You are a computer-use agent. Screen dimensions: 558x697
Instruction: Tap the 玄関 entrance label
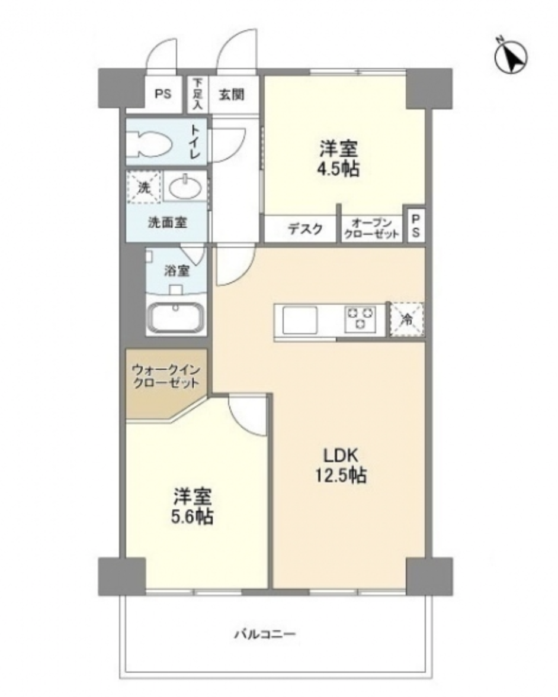(232, 94)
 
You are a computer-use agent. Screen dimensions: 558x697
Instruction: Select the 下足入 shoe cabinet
(197, 94)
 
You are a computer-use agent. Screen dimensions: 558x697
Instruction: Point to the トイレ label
(195, 141)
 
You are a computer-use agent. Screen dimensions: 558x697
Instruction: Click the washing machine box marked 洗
(143, 188)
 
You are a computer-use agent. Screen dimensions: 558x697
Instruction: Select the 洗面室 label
(167, 222)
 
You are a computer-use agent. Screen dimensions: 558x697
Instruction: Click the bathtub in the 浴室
(177, 318)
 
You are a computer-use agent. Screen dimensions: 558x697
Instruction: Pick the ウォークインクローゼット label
(166, 376)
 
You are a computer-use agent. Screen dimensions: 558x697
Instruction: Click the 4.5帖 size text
(339, 169)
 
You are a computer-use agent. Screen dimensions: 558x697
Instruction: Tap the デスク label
(305, 229)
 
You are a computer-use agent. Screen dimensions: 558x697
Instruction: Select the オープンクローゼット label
(372, 228)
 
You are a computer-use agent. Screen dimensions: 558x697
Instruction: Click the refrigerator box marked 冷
(407, 319)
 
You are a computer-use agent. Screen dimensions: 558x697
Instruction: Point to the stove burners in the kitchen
(360, 319)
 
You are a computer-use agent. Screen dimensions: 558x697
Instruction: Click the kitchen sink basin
(300, 320)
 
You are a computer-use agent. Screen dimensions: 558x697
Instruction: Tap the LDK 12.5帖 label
(341, 466)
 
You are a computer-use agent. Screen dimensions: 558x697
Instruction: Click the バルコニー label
(265, 634)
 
